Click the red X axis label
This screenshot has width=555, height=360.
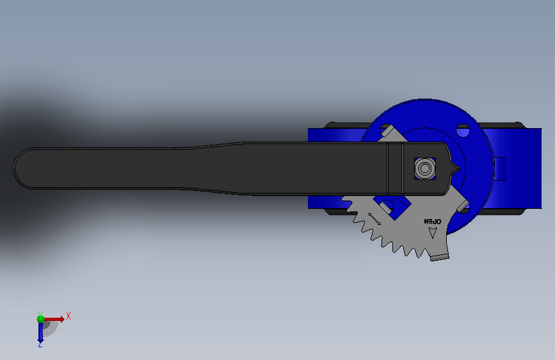click(x=68, y=316)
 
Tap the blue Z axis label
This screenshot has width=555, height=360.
click(x=40, y=344)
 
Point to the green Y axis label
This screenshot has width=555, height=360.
click(x=40, y=315)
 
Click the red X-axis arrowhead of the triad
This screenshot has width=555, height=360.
click(x=62, y=319)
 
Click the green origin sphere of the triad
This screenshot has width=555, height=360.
click(x=41, y=319)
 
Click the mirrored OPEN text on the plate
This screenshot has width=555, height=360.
click(x=433, y=222)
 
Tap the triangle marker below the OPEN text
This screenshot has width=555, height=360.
click(x=433, y=233)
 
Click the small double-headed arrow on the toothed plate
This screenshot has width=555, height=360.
click(x=374, y=219)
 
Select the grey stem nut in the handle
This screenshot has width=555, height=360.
click(x=425, y=168)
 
